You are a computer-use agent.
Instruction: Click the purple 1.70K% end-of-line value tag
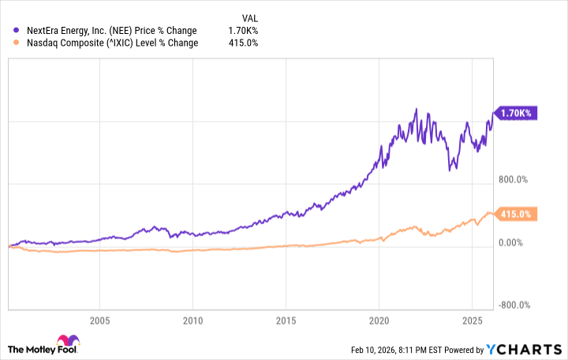[x=516, y=113]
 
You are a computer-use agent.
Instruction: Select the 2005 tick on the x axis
[x=99, y=321]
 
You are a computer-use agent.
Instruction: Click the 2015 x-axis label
[x=286, y=321]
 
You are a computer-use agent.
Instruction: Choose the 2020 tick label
[x=379, y=321]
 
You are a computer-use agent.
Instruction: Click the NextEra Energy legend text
[x=110, y=31]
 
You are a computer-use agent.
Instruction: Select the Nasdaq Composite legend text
[x=111, y=43]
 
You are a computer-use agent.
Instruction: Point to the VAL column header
[x=248, y=17]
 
